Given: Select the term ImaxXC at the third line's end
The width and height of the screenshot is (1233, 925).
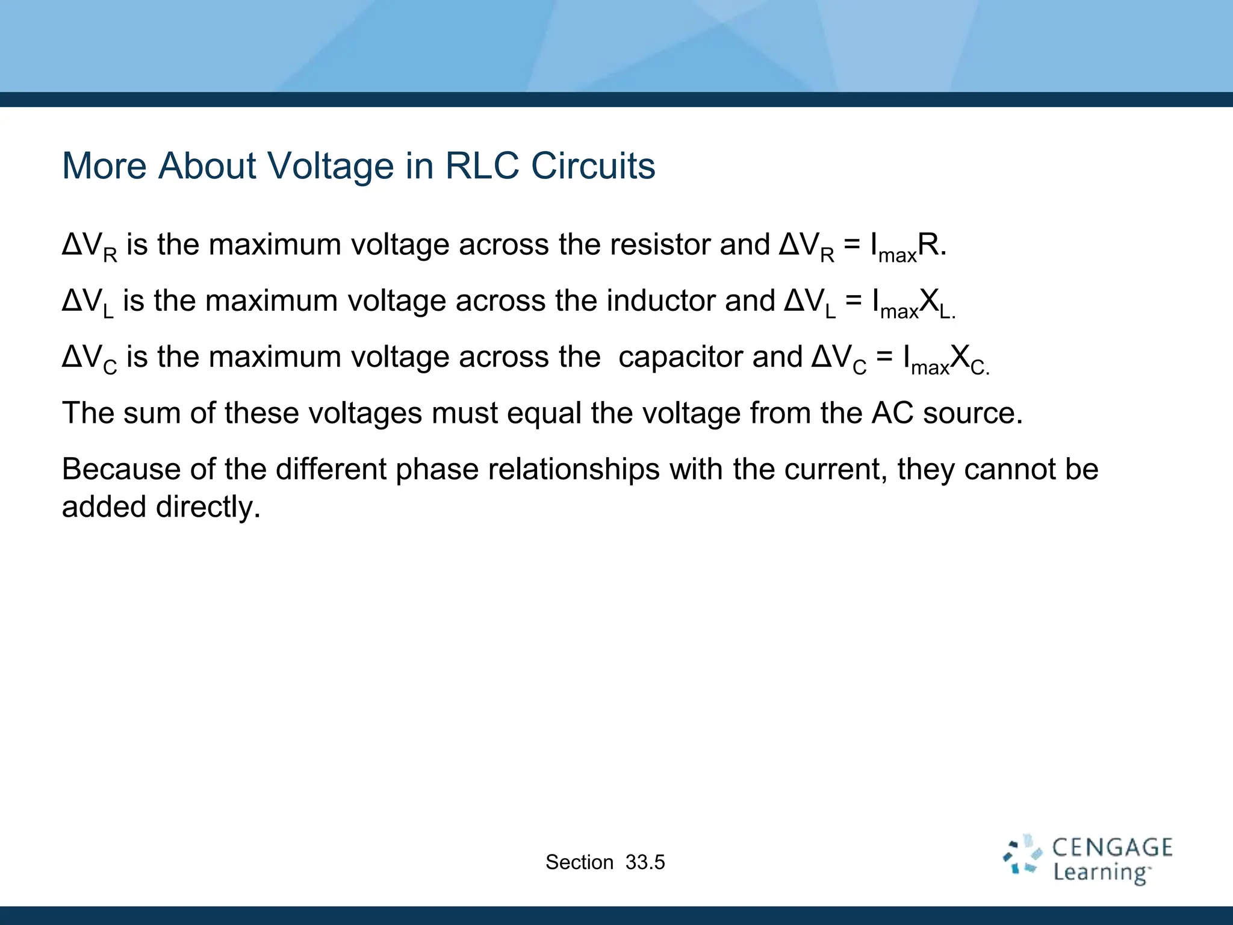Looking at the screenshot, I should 946,359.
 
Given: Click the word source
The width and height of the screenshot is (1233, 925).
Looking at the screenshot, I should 972,414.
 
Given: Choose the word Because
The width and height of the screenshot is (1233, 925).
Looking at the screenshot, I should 121,469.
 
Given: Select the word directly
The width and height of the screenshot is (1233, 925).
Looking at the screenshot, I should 208,507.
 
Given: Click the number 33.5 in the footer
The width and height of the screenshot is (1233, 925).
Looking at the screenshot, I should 645,862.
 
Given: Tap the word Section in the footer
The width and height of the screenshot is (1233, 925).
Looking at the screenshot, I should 579,862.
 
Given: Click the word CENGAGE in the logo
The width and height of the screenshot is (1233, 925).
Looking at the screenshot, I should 1112,848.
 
